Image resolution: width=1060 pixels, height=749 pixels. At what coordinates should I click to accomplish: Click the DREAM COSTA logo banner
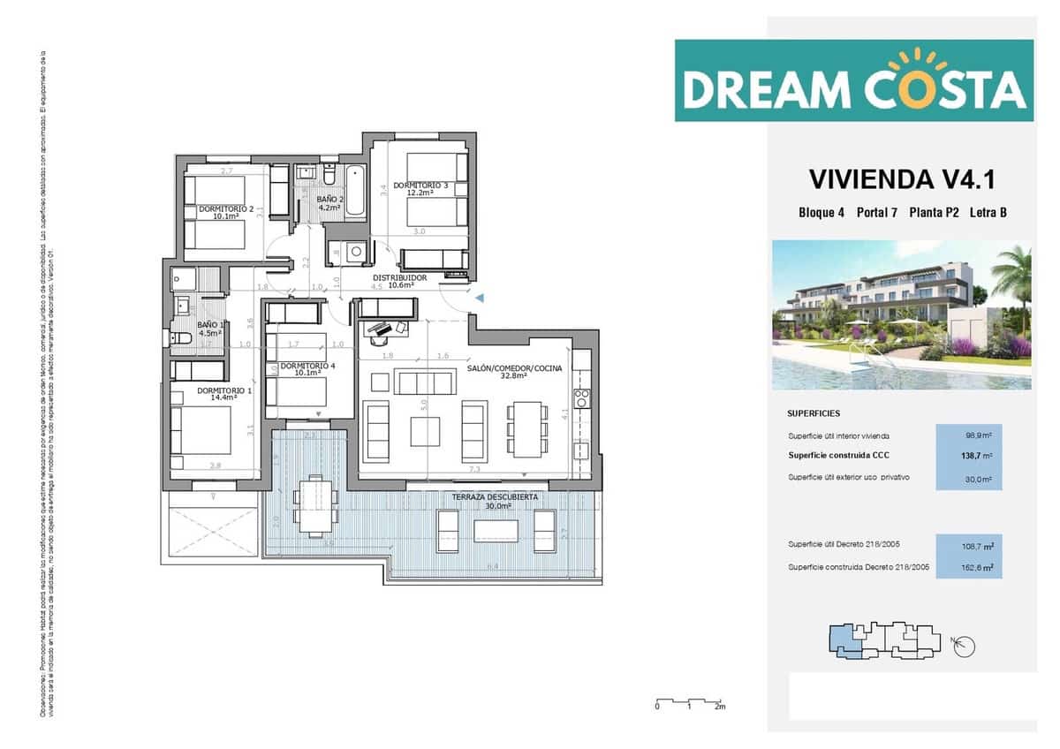853,80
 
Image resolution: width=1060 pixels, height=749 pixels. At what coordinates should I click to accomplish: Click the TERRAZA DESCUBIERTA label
495,497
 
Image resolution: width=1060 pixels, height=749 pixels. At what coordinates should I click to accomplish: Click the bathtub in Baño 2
355,191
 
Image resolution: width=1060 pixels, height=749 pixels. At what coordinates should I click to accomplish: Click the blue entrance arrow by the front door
480,299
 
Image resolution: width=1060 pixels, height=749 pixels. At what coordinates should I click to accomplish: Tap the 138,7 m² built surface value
969,456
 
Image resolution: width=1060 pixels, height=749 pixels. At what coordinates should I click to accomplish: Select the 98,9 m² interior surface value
969,435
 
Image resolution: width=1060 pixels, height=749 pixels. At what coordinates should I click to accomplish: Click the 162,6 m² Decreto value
969,567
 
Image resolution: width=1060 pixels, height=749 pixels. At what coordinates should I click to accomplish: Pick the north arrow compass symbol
964,646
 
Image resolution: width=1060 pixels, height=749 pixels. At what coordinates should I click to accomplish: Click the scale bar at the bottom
688,703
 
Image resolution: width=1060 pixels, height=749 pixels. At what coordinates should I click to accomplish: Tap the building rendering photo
901,315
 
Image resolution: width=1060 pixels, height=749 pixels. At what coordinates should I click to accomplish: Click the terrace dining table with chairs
315,506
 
